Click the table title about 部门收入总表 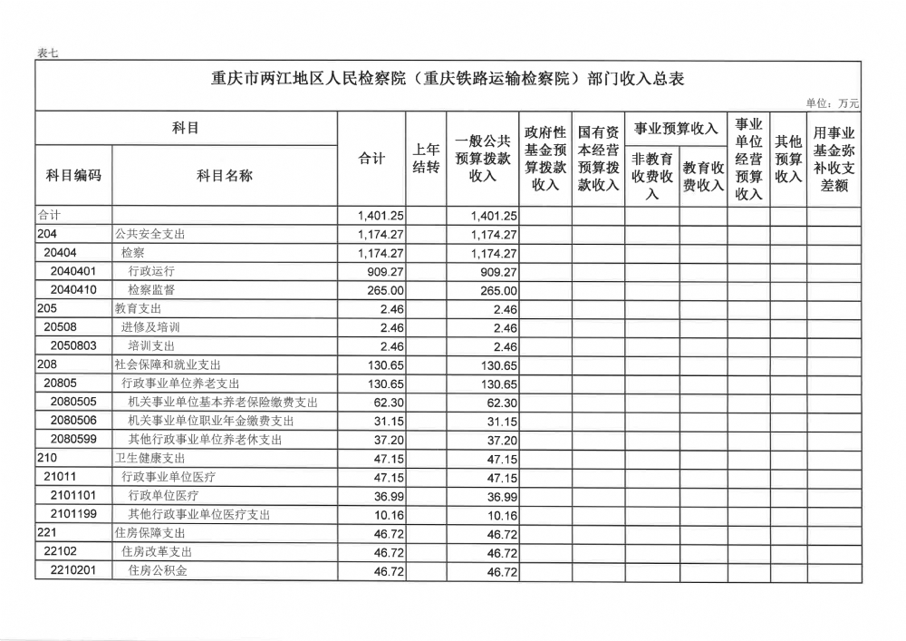pyautogui.click(x=448, y=78)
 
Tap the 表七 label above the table pyautogui.click(x=47, y=53)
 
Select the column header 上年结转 pyautogui.click(x=426, y=158)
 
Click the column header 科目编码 pyautogui.click(x=73, y=175)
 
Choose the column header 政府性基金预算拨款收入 pyautogui.click(x=545, y=158)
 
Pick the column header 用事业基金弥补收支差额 pyautogui.click(x=834, y=159)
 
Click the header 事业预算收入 pyautogui.click(x=676, y=128)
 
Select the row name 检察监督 pyautogui.click(x=151, y=290)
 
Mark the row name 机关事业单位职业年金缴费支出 pyautogui.click(x=211, y=421)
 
